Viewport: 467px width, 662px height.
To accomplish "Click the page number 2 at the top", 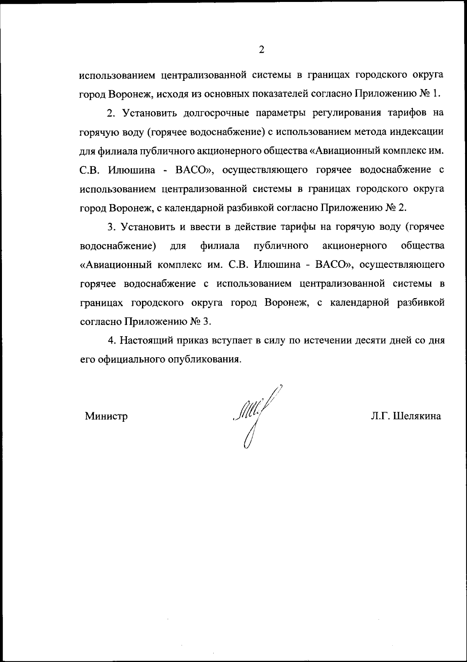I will (x=262, y=50).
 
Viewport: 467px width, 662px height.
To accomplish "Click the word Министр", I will (x=106, y=416).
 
